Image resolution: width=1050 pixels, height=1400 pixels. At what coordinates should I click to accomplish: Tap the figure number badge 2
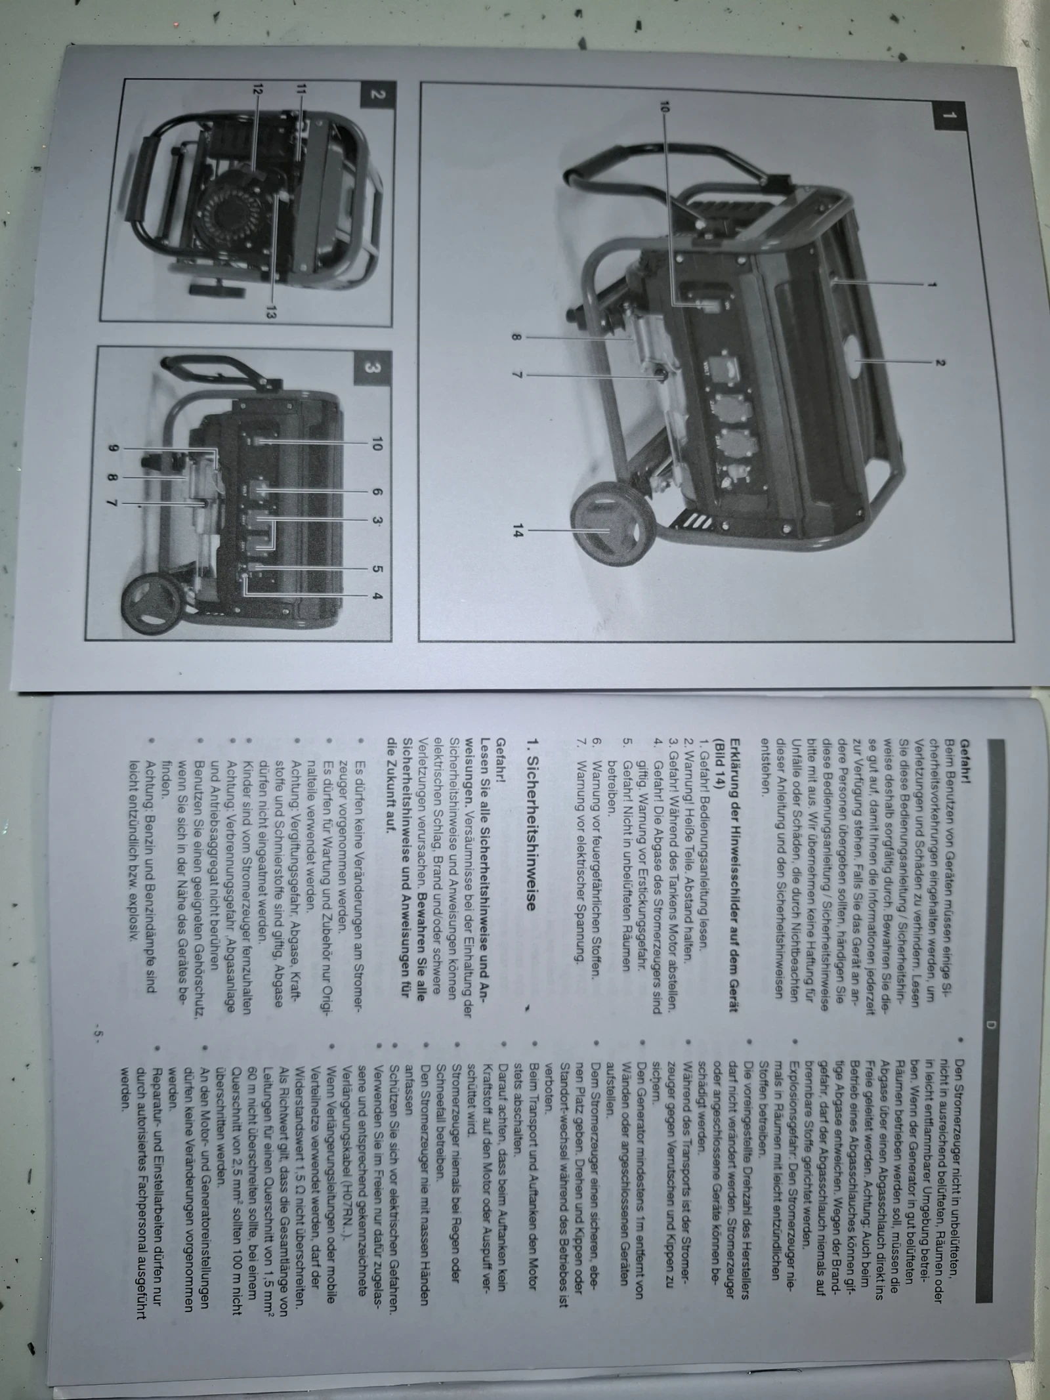click(x=377, y=94)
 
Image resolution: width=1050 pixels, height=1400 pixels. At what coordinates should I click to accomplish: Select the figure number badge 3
click(x=371, y=368)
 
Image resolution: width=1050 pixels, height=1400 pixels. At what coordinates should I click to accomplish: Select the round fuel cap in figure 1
click(x=852, y=361)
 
